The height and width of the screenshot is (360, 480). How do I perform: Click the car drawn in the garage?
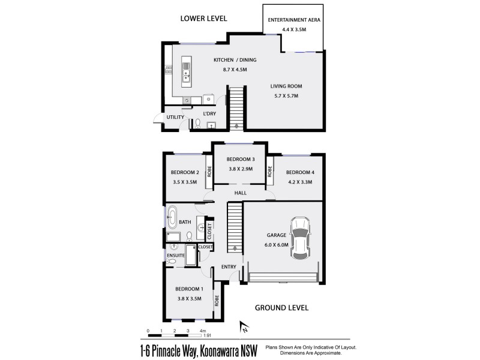[299, 238]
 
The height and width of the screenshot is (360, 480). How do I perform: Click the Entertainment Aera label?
[294, 20]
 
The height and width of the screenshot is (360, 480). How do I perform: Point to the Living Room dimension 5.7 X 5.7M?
[286, 96]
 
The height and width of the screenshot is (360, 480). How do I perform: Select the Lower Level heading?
[204, 19]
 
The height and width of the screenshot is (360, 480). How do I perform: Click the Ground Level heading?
[282, 308]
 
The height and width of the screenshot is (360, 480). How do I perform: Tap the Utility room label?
[175, 117]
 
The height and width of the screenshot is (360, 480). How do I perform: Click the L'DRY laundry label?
[209, 113]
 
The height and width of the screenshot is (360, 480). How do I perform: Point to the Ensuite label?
[175, 256]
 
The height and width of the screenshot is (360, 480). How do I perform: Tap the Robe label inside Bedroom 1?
[217, 300]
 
